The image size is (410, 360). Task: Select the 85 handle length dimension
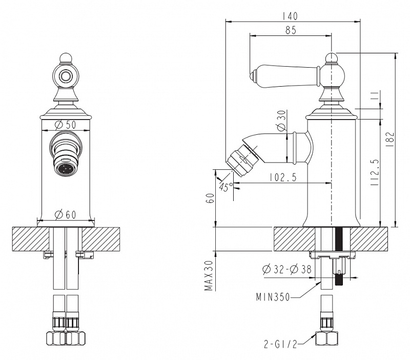click(291, 30)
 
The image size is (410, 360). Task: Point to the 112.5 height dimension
click(374, 172)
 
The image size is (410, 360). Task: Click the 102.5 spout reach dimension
click(284, 177)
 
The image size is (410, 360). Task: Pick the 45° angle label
click(225, 187)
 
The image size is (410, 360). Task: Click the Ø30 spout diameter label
click(280, 122)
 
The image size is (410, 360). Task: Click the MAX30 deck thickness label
click(209, 275)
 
